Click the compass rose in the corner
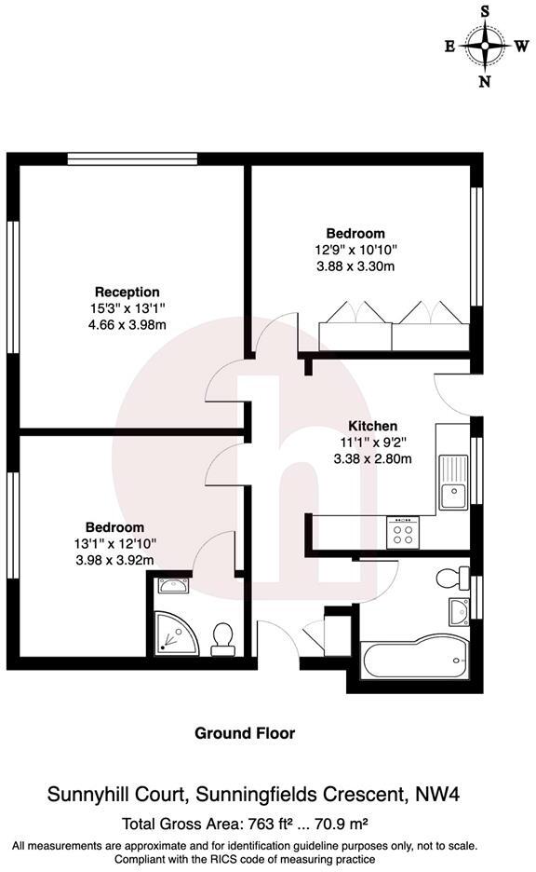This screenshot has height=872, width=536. pos(485,44)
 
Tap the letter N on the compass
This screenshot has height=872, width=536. pos(485,81)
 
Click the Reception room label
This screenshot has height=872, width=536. pos(127,292)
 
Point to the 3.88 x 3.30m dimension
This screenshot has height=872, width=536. pos(355,266)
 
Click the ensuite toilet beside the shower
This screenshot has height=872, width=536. pos(222,637)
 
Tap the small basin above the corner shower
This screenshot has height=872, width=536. pos(172,587)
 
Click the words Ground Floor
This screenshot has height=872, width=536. pos(245,733)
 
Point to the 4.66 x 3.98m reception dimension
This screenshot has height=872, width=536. pos(127,324)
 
